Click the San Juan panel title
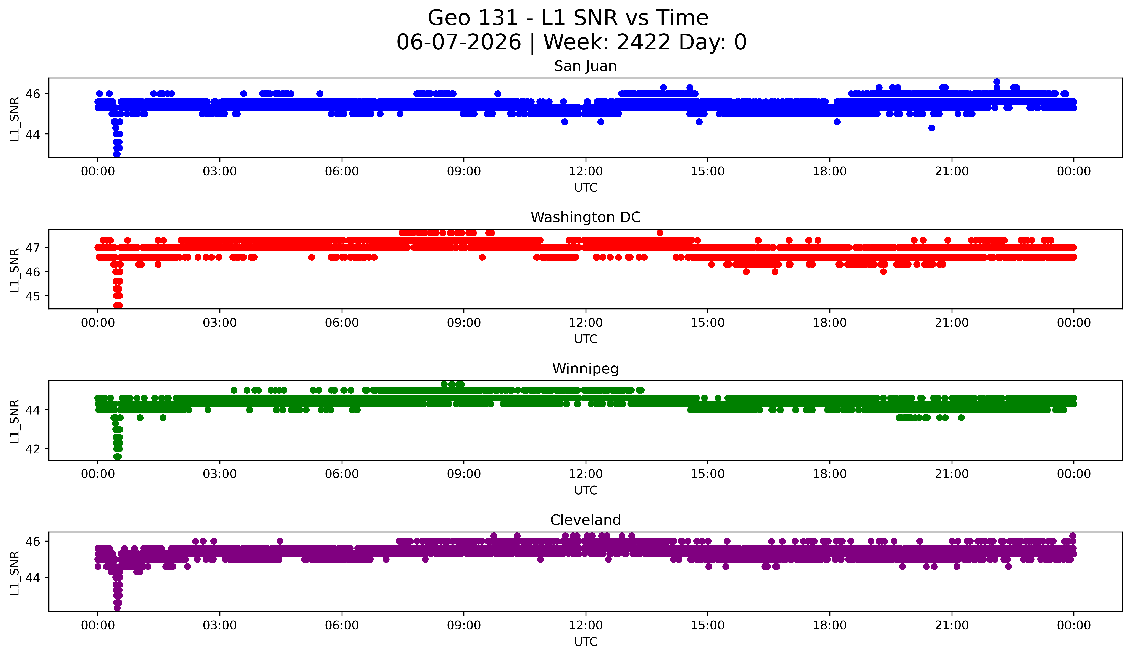585,66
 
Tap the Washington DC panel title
585,217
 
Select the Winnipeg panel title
585,369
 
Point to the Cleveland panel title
585,520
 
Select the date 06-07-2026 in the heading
459,42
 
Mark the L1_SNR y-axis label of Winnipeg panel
14,421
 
